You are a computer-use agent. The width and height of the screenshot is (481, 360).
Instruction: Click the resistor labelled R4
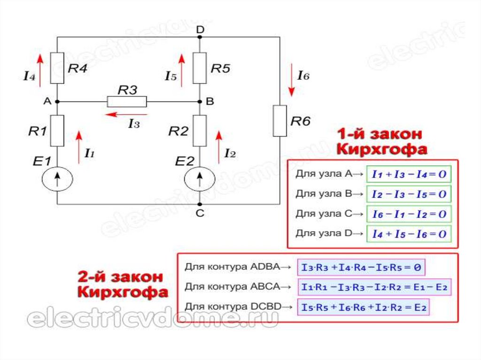pyautogui.click(x=57, y=69)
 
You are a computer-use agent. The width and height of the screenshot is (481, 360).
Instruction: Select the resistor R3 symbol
pyautogui.click(x=127, y=101)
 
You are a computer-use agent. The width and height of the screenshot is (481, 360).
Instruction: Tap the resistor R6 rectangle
pyautogui.click(x=280, y=121)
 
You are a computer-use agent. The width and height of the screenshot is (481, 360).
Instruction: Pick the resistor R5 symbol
pyautogui.click(x=200, y=69)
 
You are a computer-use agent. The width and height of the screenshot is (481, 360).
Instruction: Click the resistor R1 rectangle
pyautogui.click(x=57, y=131)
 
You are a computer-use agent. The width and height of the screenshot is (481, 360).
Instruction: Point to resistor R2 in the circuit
pyautogui.click(x=200, y=131)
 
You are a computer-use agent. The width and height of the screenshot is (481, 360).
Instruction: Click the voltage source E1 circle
pyautogui.click(x=57, y=178)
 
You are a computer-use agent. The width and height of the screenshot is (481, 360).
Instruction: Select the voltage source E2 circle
pyautogui.click(x=200, y=178)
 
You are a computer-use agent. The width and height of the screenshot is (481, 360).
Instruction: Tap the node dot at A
pyautogui.click(x=57, y=101)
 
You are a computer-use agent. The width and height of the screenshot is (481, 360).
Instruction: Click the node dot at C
pyautogui.click(x=200, y=205)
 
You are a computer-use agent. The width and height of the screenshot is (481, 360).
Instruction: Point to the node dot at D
pyautogui.click(x=200, y=37)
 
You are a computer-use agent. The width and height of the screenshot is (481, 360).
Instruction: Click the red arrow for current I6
pyautogui.click(x=291, y=82)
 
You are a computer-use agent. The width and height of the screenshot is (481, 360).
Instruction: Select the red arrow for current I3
pyautogui.click(x=126, y=114)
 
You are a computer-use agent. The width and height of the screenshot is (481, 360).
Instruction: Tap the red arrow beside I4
pyautogui.click(x=41, y=69)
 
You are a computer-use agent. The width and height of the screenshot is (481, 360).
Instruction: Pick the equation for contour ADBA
pyautogui.click(x=361, y=268)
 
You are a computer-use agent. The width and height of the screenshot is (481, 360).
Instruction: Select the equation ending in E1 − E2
pyautogui.click(x=374, y=287)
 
